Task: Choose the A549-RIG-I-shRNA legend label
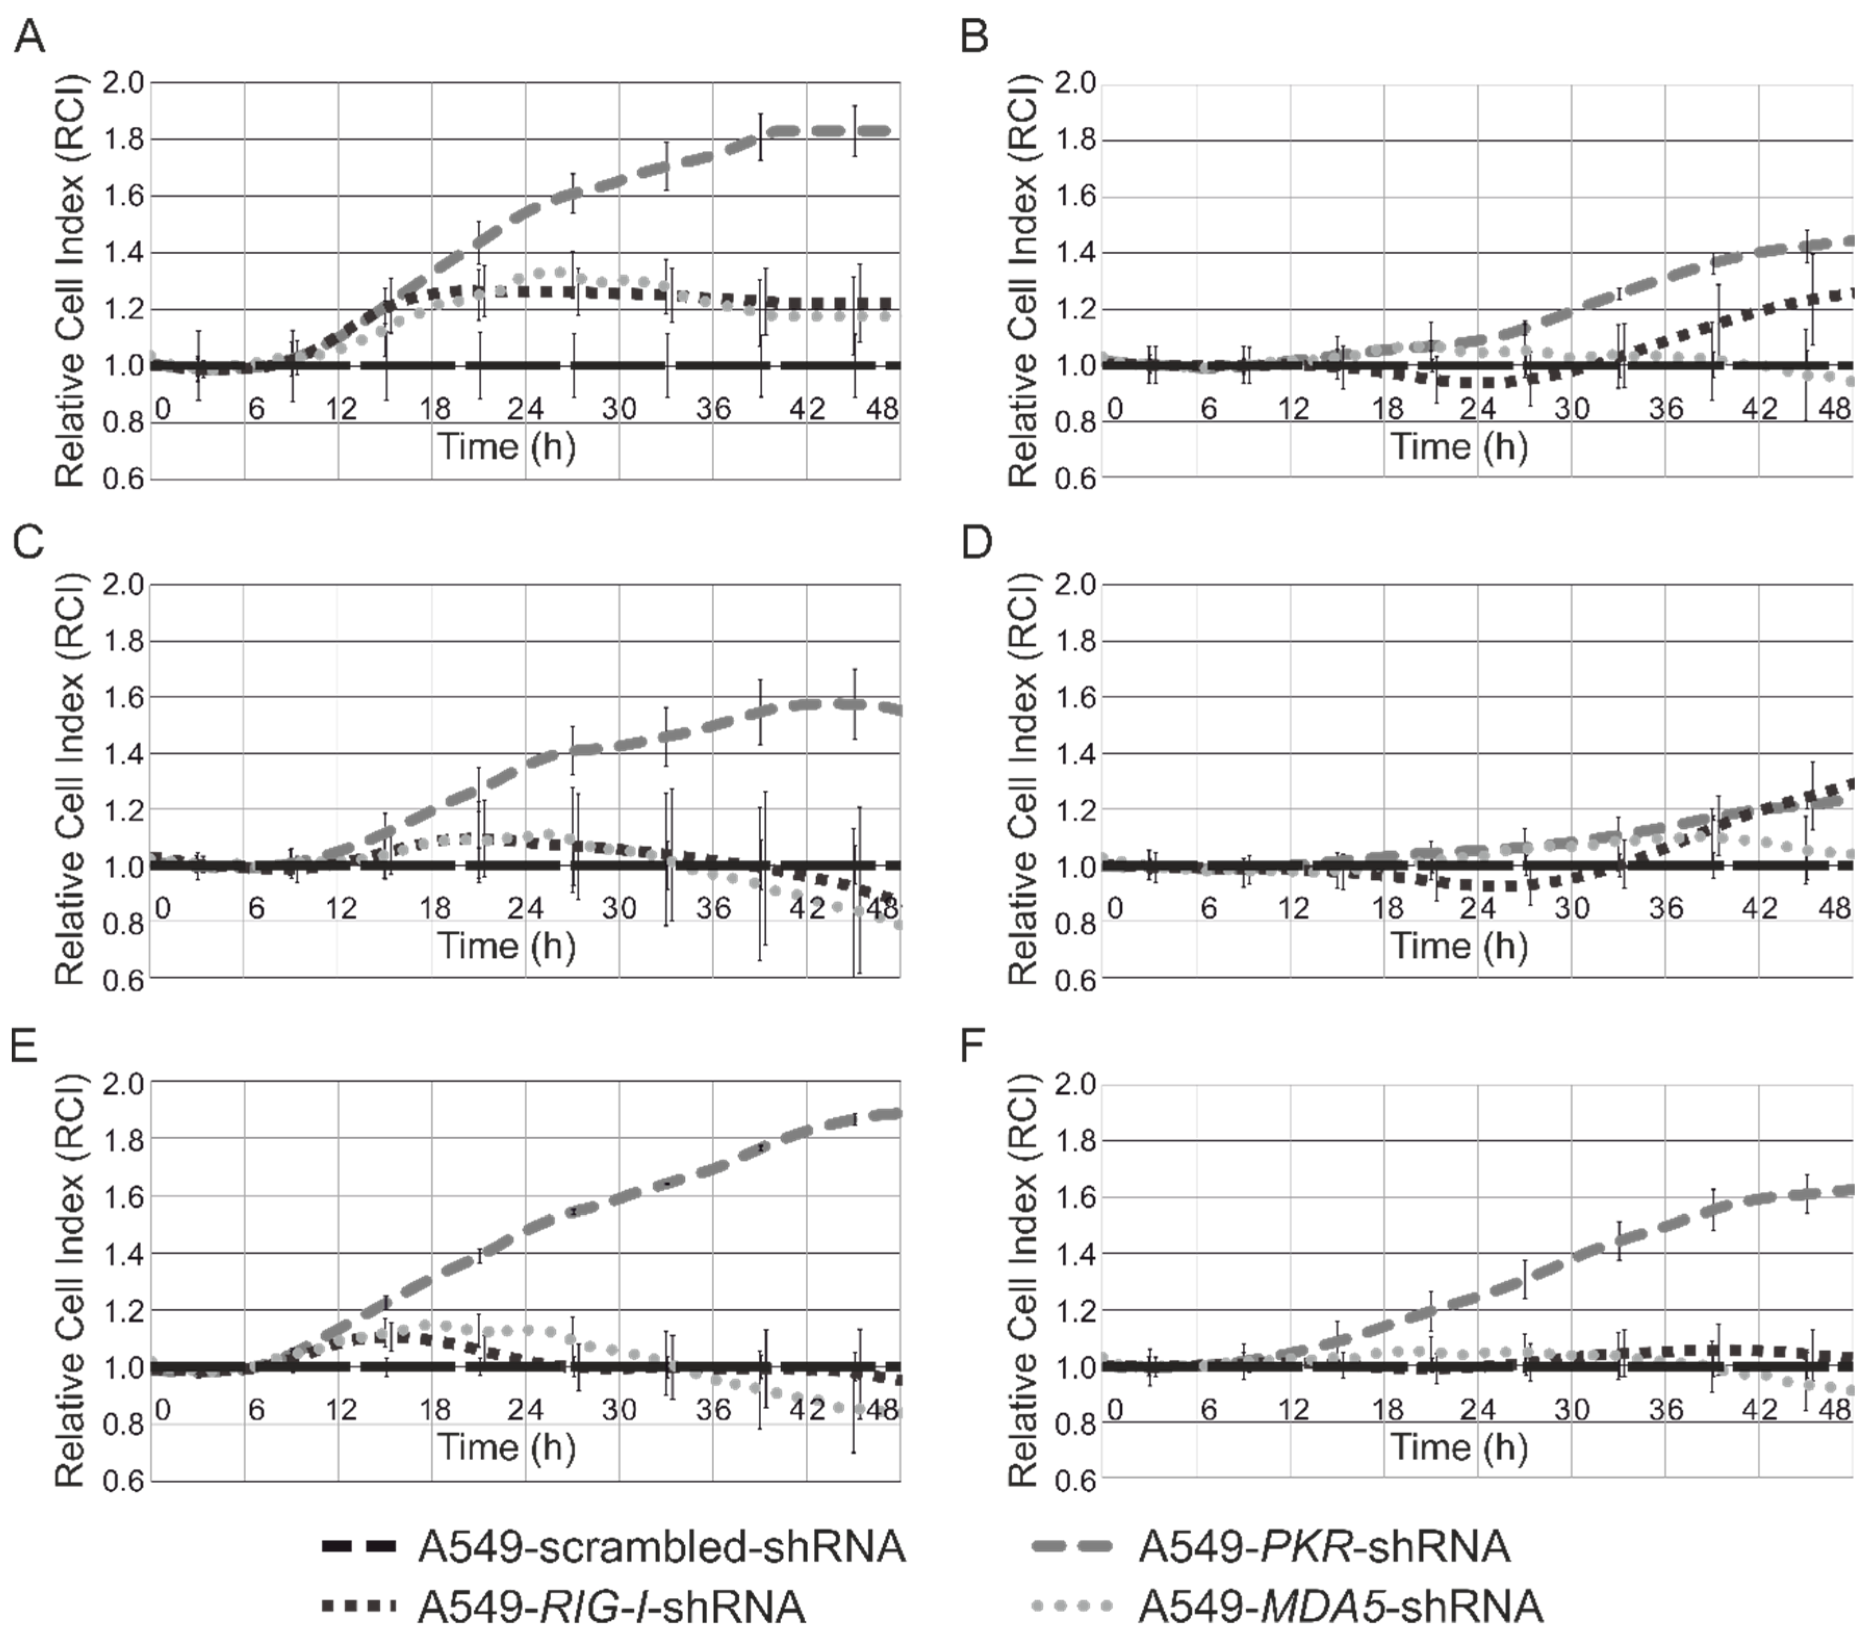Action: (611, 1606)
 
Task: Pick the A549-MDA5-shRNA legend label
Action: (1340, 1606)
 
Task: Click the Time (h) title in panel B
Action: (1459, 447)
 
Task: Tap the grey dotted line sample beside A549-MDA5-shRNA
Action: (1072, 1606)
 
